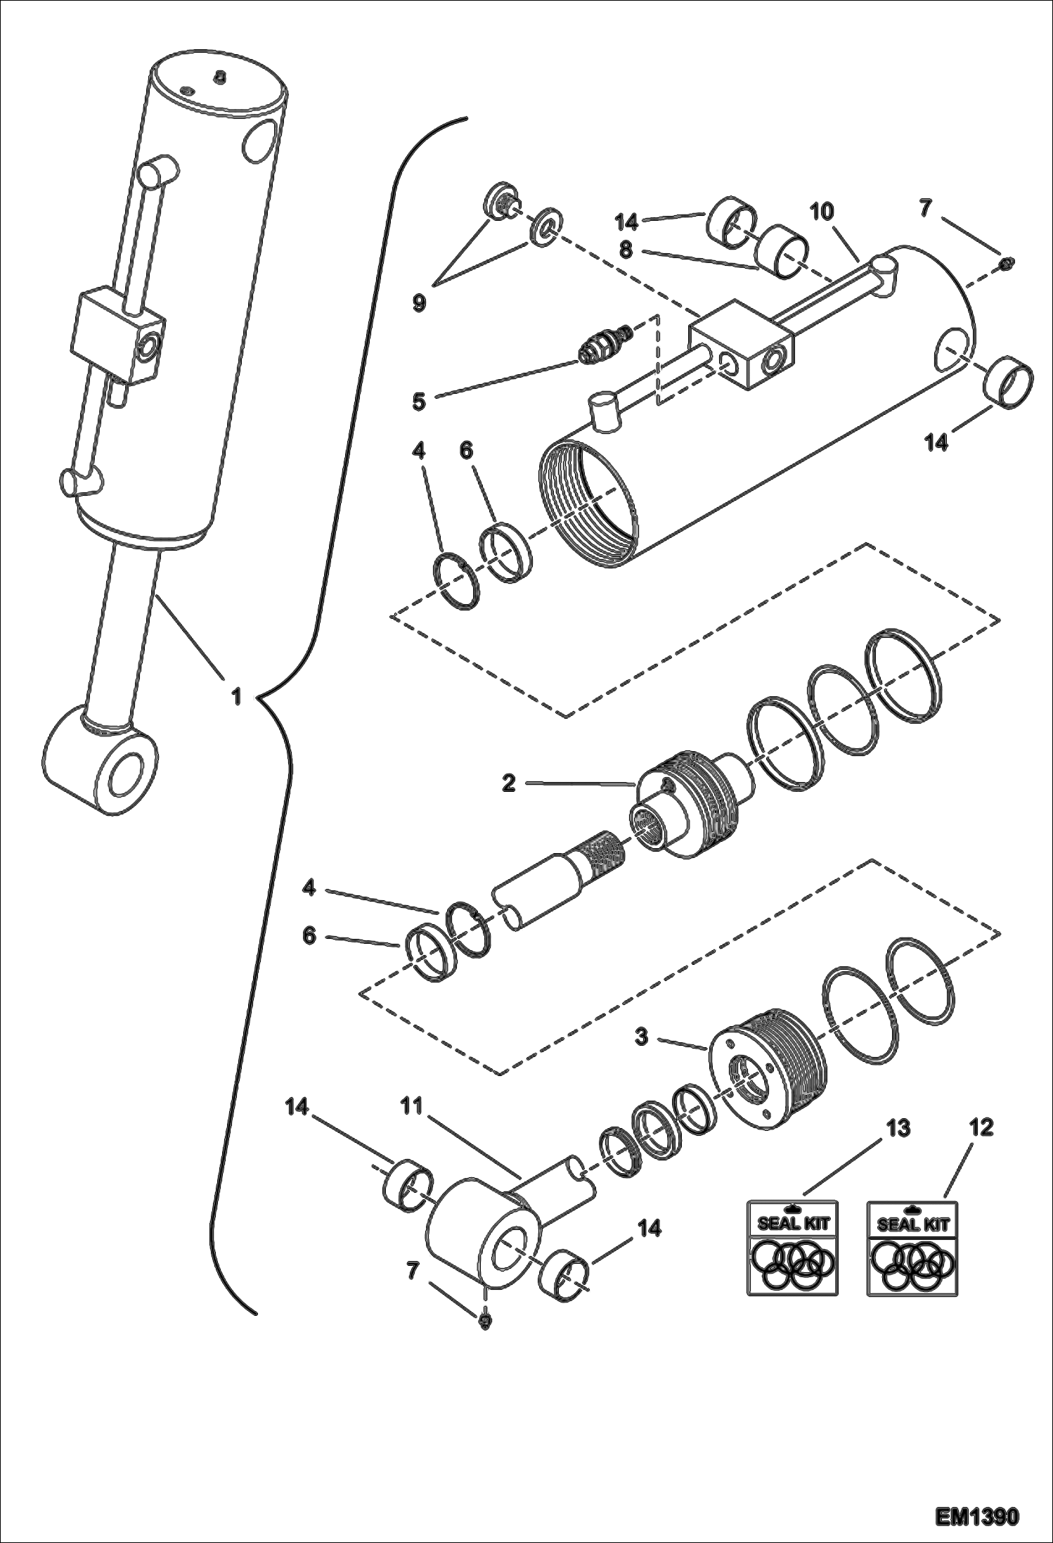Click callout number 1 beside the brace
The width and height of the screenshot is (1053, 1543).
pyautogui.click(x=237, y=696)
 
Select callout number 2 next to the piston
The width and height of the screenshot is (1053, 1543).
pyautogui.click(x=510, y=783)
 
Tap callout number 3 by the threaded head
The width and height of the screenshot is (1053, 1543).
pyautogui.click(x=640, y=1037)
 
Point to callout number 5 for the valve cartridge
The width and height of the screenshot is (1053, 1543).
pyautogui.click(x=419, y=402)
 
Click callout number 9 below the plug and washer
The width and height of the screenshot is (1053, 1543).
pyautogui.click(x=419, y=304)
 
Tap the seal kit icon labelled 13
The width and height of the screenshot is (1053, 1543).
pyautogui.click(x=792, y=1248)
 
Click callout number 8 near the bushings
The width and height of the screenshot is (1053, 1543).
pyautogui.click(x=626, y=250)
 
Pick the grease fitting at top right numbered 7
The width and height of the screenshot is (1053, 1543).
pyautogui.click(x=1004, y=264)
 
